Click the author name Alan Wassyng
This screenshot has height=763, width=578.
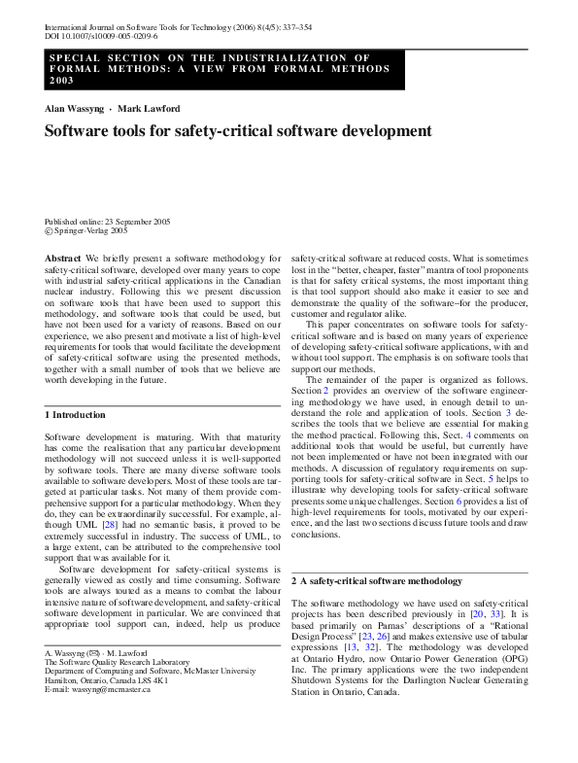click(75, 108)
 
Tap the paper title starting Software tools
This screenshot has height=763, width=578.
click(238, 130)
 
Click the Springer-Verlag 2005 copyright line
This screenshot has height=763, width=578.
click(89, 232)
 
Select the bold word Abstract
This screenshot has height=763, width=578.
click(62, 258)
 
